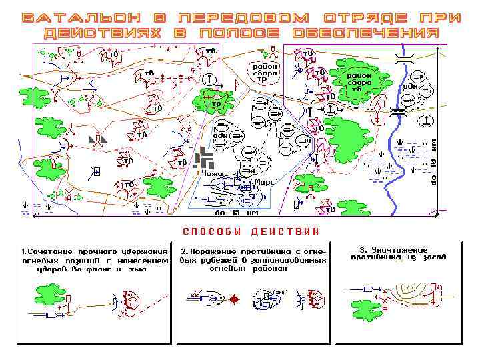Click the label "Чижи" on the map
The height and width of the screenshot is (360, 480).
click(213, 173)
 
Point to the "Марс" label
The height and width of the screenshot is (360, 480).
click(266, 181)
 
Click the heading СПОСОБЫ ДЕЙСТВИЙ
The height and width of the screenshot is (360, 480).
click(251, 231)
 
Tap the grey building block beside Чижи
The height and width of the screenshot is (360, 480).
click(204, 159)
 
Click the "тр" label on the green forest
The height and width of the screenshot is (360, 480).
click(216, 104)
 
